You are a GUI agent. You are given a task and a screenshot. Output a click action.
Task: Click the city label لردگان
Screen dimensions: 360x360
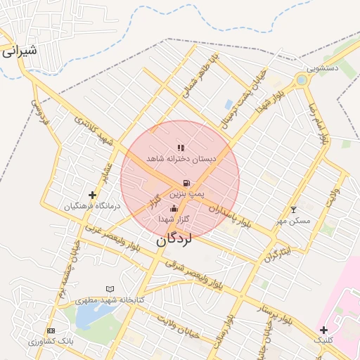[173, 240]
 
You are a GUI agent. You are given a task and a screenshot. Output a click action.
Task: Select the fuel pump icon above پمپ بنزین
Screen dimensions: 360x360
[186, 183]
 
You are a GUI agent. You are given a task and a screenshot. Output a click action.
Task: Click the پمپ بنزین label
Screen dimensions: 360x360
[187, 193]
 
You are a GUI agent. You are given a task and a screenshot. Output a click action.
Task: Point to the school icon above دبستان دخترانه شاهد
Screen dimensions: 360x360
[181, 148]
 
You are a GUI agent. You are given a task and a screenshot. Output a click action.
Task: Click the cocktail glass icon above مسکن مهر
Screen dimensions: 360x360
[294, 210]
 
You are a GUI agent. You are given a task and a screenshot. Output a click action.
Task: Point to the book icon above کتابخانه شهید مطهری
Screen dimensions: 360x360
[109, 289]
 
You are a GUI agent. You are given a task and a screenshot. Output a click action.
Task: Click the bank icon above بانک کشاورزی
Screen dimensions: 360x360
[50, 330]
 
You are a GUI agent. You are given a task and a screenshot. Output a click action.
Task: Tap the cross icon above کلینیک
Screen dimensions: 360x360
[323, 330]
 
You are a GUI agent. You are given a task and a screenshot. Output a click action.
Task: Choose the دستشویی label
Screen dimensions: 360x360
[327, 68]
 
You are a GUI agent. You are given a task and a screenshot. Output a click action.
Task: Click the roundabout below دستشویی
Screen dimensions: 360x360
[302, 80]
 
